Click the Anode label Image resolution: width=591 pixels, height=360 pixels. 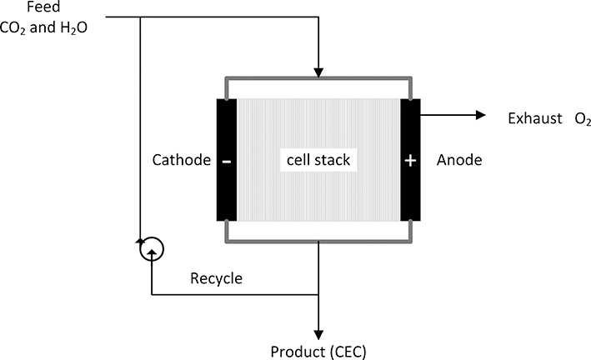[459, 160]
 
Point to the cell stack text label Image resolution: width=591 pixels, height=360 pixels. [318, 160]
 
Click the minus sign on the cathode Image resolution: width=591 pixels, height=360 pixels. [227, 160]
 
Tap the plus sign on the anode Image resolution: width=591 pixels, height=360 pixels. [409, 160]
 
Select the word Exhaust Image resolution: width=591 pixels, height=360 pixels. [533, 119]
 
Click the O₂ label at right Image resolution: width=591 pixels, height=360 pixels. [582, 120]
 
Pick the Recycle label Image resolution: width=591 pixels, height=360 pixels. [216, 278]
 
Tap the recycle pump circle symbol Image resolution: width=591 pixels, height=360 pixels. [152, 247]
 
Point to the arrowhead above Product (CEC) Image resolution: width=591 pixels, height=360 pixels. [318, 328]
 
